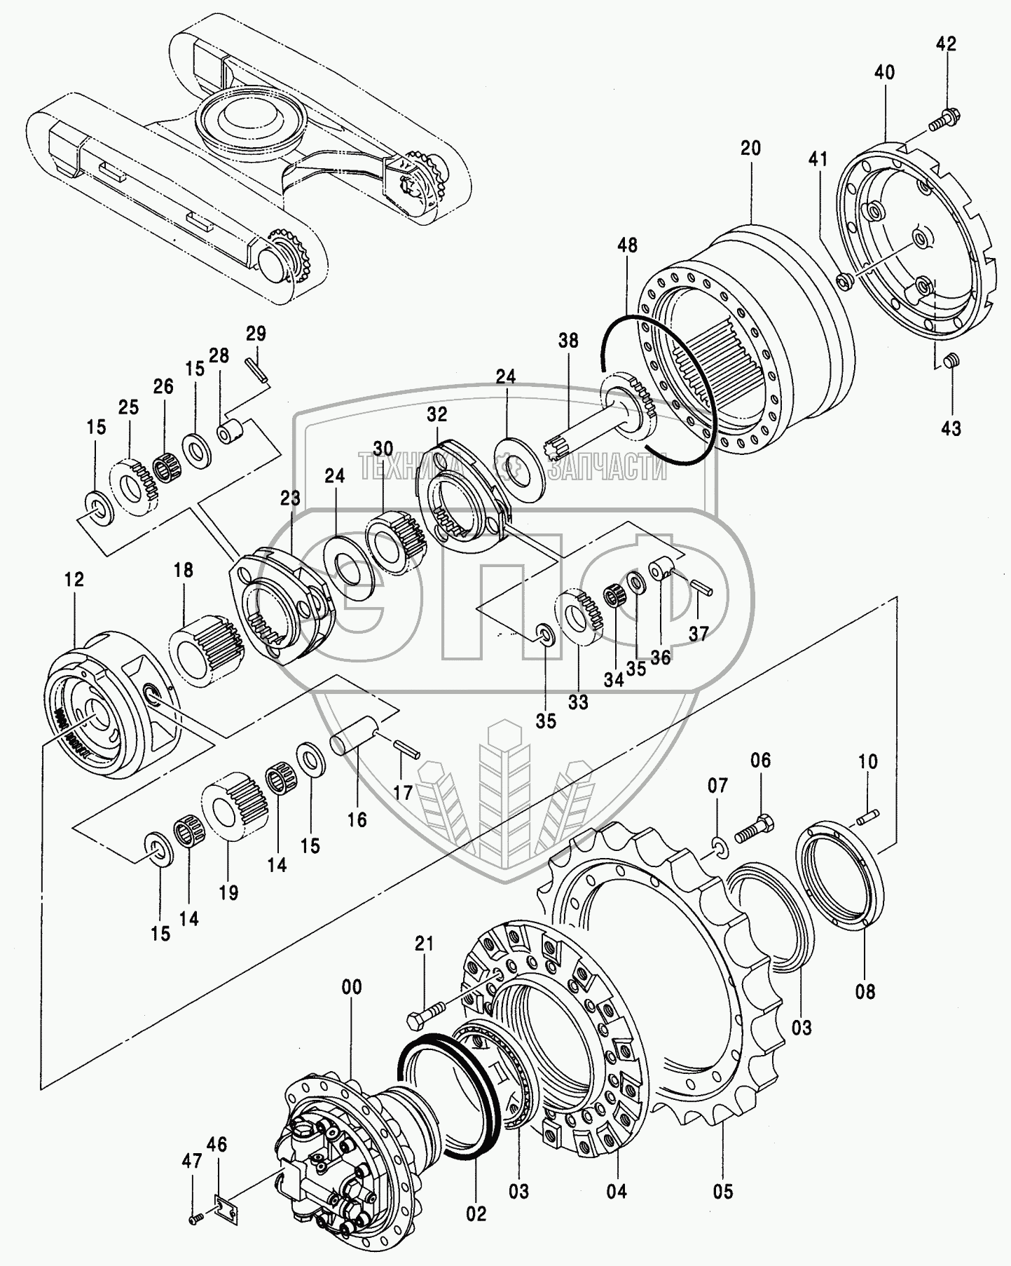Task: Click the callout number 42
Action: point(946,43)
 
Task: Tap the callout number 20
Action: point(750,149)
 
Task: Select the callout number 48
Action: point(628,245)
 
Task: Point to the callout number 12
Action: point(74,579)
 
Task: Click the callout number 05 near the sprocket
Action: point(723,1190)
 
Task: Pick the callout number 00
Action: point(352,987)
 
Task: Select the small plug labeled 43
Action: point(951,362)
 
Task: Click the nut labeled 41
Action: point(844,280)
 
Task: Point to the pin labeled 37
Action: point(701,586)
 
